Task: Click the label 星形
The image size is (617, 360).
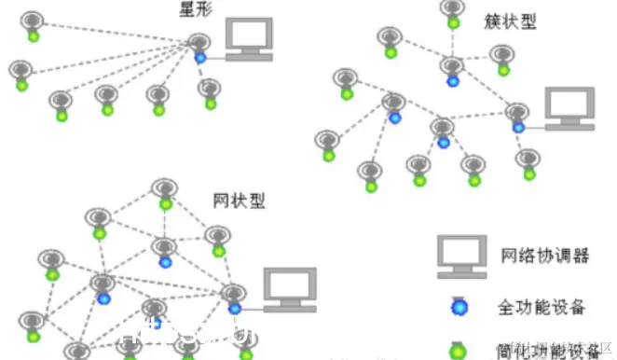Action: click(x=194, y=10)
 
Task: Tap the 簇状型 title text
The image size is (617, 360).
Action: click(x=510, y=20)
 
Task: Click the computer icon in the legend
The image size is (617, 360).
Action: click(x=461, y=255)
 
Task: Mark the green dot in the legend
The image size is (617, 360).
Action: click(x=458, y=351)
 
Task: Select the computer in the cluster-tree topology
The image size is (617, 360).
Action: click(x=569, y=108)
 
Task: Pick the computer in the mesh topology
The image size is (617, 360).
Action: click(x=289, y=288)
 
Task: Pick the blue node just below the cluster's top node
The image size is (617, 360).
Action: click(x=453, y=81)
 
